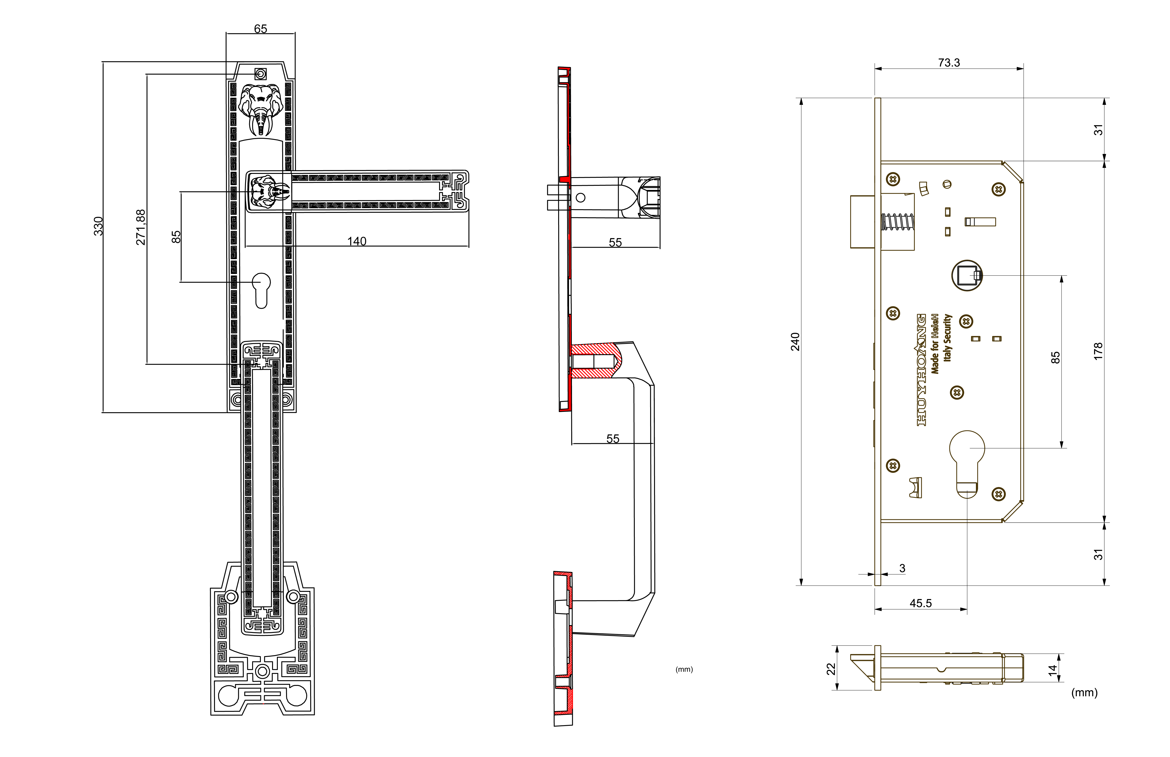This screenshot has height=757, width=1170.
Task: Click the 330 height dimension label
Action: (98, 226)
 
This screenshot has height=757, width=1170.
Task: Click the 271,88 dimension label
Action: (141, 227)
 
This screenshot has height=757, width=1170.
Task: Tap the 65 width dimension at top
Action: (261, 29)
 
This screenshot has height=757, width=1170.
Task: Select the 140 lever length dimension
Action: (357, 241)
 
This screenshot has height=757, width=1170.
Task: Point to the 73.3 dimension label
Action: (949, 62)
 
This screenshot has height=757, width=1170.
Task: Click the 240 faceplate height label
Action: (795, 342)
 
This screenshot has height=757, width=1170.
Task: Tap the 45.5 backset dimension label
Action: (921, 603)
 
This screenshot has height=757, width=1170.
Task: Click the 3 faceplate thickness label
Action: (902, 568)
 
